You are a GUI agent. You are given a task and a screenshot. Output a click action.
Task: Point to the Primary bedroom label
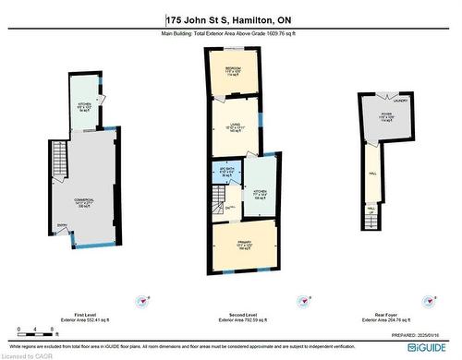tap(242, 243)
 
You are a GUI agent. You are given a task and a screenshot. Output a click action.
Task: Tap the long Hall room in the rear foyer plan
tap(371, 175)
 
